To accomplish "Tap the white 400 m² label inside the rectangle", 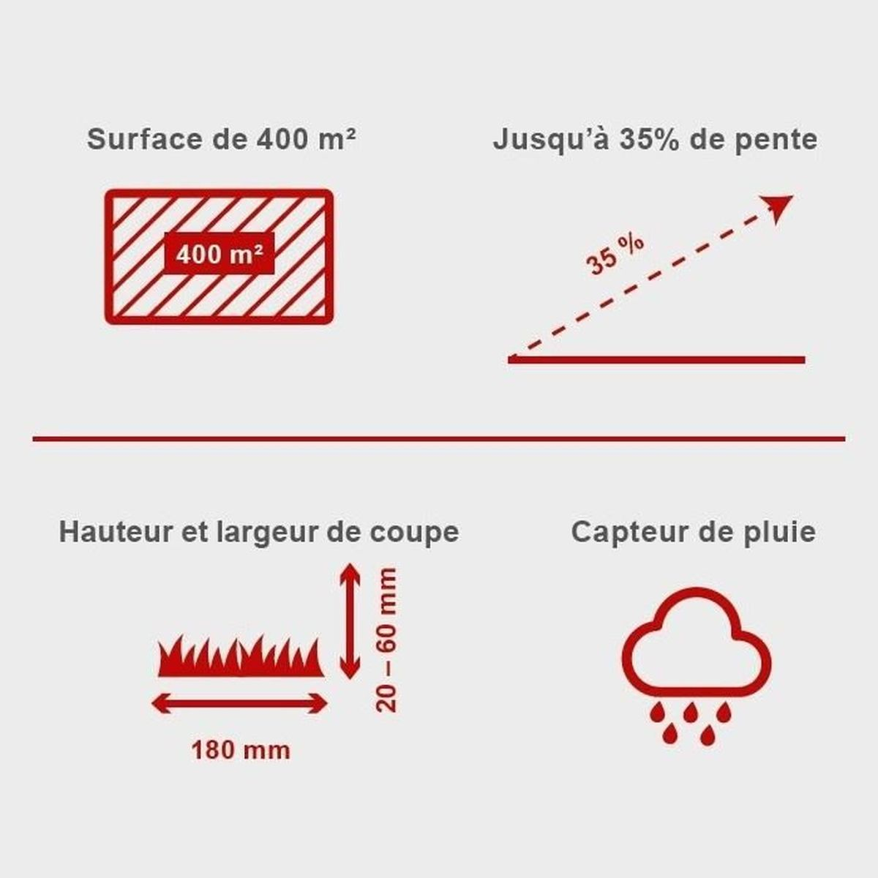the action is (219, 254).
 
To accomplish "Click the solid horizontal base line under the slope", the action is (656, 360).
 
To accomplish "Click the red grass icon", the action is (241, 656).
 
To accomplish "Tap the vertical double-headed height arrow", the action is (350, 621).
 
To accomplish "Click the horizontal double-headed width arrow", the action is (239, 704).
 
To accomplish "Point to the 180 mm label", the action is (241, 751).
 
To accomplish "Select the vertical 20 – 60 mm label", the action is (387, 639).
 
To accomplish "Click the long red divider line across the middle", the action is (439, 439).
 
